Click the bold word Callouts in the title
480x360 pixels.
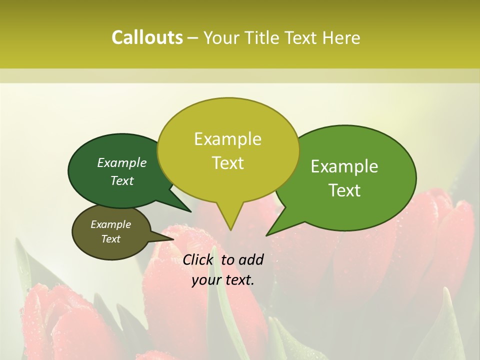[147, 37]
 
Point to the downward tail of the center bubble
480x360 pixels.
[229, 222]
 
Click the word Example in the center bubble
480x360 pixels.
[228, 139]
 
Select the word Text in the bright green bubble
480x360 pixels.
[345, 190]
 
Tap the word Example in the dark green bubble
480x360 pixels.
[122, 162]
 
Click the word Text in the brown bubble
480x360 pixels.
[111, 239]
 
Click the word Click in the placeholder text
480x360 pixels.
[199, 259]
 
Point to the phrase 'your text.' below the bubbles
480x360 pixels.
[223, 280]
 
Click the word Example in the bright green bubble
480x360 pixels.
[344, 166]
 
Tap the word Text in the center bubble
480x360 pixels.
[228, 163]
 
